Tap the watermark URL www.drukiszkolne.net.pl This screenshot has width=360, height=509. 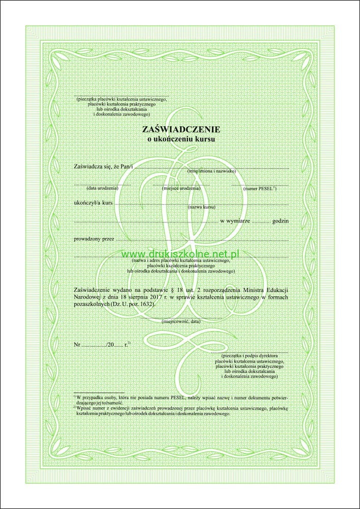point(181,252)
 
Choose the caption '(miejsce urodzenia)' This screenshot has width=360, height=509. point(181,188)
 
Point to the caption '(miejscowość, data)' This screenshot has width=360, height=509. point(181,322)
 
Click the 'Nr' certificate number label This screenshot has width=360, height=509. point(77,345)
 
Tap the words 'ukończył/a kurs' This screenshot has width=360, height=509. point(93,203)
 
